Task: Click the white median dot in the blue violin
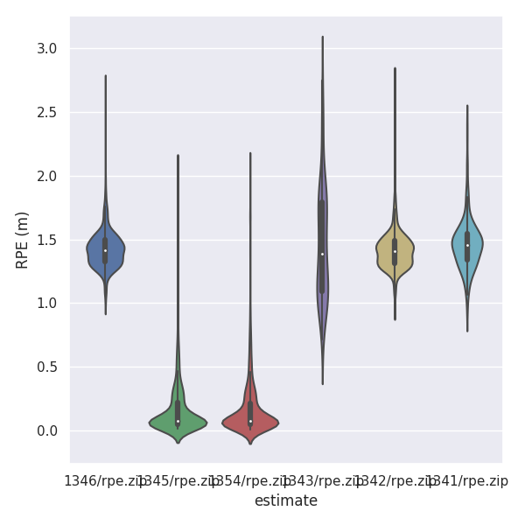(x=106, y=251)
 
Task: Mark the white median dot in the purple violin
(x=322, y=254)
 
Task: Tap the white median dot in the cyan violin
(x=467, y=245)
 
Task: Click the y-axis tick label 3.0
(x=46, y=49)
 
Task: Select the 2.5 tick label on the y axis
(x=46, y=113)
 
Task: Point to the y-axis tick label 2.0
(x=46, y=177)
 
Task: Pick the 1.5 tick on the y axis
(x=46, y=241)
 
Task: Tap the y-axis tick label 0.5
(x=46, y=367)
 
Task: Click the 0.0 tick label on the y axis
(x=46, y=431)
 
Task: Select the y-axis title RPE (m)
(x=23, y=240)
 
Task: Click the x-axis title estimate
(x=286, y=501)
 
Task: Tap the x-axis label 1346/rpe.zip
(x=103, y=481)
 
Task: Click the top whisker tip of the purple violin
(x=322, y=37)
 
